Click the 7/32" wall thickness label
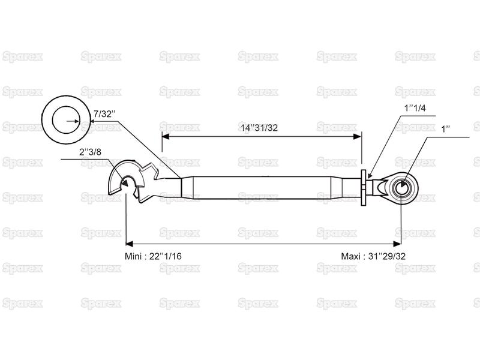(x=104, y=114)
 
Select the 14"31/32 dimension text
(x=259, y=128)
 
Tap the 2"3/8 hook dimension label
(x=90, y=152)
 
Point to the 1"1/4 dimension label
(x=415, y=108)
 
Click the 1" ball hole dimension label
(x=445, y=129)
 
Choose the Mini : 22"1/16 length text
(x=153, y=256)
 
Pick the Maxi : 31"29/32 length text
(x=373, y=256)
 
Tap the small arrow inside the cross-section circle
(x=73, y=121)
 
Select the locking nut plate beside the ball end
(x=364, y=188)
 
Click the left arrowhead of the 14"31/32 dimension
(x=166, y=137)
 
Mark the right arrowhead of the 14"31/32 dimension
(x=358, y=137)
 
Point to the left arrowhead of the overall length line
(x=130, y=244)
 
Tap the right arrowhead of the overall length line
(x=397, y=244)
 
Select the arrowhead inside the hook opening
(x=125, y=183)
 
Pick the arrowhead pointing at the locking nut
(x=370, y=175)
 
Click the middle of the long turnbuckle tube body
(x=262, y=188)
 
